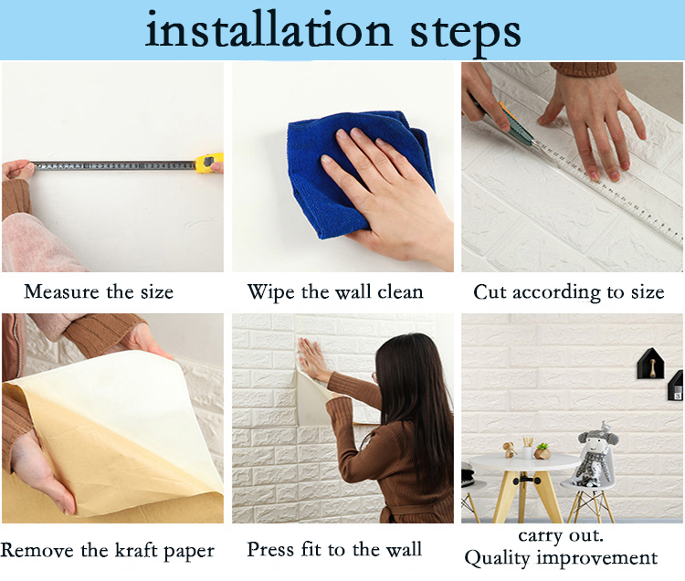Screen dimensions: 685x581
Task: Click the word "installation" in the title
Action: (x=269, y=30)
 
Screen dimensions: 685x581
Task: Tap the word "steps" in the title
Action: (x=465, y=34)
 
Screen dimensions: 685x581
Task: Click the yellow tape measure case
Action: (x=209, y=163)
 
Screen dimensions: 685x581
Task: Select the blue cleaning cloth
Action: (x=359, y=173)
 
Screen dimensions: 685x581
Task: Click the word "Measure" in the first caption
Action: (x=61, y=291)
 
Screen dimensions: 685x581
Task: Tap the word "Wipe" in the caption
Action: (x=272, y=292)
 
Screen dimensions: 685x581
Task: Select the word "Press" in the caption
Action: (x=270, y=550)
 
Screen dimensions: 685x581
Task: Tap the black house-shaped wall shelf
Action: (x=650, y=364)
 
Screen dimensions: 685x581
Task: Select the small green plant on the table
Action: (x=543, y=451)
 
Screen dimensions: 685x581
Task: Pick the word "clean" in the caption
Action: (x=400, y=291)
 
